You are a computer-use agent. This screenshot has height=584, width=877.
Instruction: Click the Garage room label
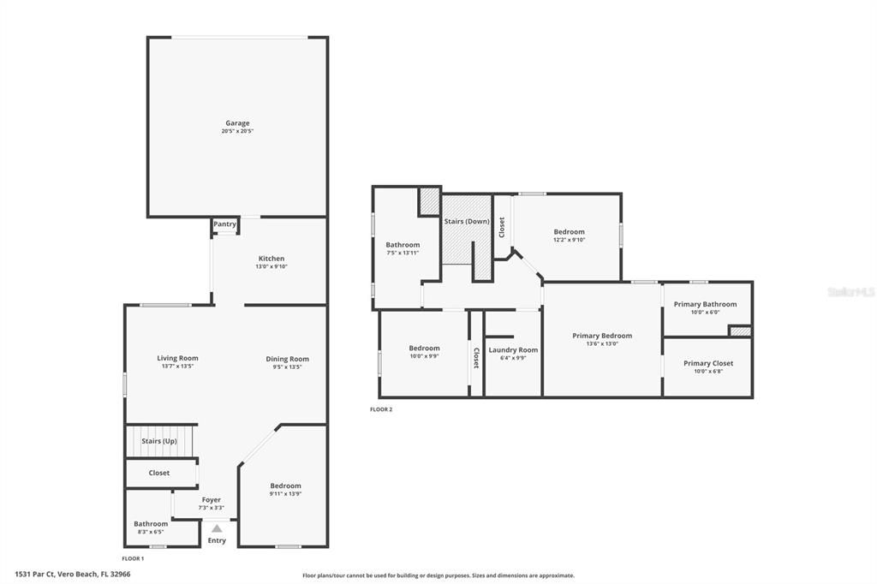pyautogui.click(x=237, y=123)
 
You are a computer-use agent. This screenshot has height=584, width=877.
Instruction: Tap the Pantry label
pyautogui.click(x=224, y=224)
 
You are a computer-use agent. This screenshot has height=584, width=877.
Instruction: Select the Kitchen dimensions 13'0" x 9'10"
pyautogui.click(x=271, y=266)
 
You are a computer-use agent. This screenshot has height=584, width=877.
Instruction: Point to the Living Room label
pyautogui.click(x=177, y=358)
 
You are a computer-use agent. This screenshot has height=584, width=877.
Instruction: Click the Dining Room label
pyautogui.click(x=287, y=359)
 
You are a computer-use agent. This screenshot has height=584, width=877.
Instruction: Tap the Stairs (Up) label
pyautogui.click(x=159, y=441)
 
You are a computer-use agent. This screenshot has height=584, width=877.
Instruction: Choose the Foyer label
pyautogui.click(x=211, y=500)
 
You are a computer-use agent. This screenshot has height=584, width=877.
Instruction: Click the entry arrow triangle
pyautogui.click(x=217, y=528)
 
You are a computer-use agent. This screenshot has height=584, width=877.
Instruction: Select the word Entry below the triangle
pyautogui.click(x=217, y=540)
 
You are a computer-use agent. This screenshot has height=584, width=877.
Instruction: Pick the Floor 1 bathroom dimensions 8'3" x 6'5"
pyautogui.click(x=151, y=532)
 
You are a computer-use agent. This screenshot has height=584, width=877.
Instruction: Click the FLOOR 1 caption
pyautogui.click(x=133, y=558)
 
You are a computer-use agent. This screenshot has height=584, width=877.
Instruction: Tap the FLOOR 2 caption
pyautogui.click(x=381, y=409)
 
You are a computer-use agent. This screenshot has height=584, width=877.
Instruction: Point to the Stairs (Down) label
pyautogui.click(x=467, y=222)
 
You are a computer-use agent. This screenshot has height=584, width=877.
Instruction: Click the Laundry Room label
pyautogui.click(x=513, y=349)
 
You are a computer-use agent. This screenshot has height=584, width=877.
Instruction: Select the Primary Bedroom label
pyautogui.click(x=602, y=336)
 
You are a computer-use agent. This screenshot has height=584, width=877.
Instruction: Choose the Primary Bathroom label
pyautogui.click(x=705, y=304)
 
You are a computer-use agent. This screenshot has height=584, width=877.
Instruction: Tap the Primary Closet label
pyautogui.click(x=708, y=363)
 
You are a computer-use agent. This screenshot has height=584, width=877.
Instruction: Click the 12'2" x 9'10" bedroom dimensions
pyautogui.click(x=569, y=240)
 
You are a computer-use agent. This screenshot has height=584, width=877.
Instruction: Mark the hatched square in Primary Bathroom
pyautogui.click(x=739, y=331)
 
